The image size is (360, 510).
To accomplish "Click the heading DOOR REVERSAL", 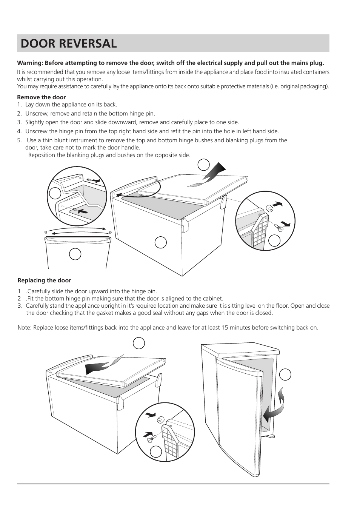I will point(69,43).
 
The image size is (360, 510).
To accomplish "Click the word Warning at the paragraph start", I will point(29,63).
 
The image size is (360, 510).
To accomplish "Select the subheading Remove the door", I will point(42,97).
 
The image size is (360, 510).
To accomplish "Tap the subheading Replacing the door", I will point(44,280).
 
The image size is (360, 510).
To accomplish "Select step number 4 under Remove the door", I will point(19,131).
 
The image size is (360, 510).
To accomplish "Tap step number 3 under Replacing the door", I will point(20,306).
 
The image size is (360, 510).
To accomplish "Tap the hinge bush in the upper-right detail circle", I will point(269,208).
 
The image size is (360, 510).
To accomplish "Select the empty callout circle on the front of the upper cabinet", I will point(161,242).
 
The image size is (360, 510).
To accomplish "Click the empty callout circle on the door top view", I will point(75,254).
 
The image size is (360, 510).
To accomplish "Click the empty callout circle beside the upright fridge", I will point(285,374).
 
